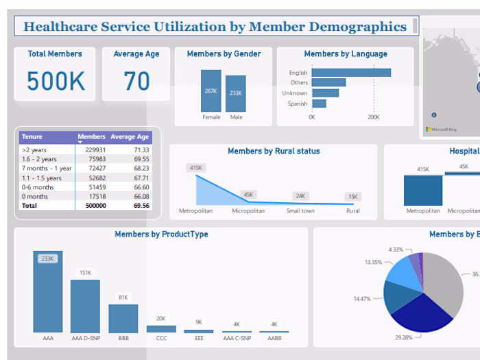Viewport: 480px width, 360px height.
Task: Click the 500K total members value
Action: pos(57,82)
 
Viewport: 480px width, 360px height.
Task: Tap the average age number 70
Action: pos(136,82)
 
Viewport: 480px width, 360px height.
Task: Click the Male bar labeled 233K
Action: pos(235,94)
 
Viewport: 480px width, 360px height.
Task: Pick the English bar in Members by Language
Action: pos(351,73)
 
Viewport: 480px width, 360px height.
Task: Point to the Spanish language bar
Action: pos(319,104)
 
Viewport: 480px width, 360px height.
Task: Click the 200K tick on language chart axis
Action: pos(373,117)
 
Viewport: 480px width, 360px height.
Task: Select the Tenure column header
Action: pos(32,137)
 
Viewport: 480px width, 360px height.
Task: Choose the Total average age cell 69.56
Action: pos(141,205)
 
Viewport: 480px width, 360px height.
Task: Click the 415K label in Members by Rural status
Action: pos(196,167)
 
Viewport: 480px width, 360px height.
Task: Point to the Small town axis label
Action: pos(300,211)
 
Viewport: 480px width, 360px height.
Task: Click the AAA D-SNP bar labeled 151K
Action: pos(85,306)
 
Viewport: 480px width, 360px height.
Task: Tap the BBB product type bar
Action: pos(123,319)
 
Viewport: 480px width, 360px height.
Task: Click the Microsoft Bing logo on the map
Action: pos(440,129)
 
